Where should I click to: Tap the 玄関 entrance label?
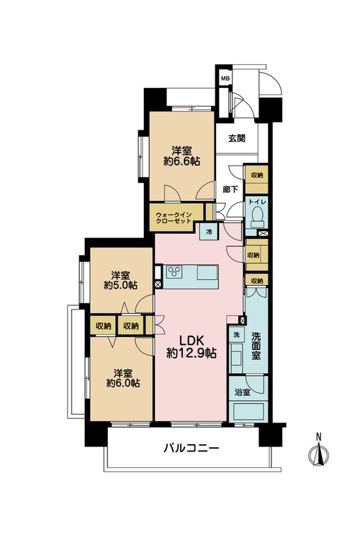pyautogui.click(x=237, y=138)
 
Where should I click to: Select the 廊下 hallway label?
pyautogui.click(x=230, y=189)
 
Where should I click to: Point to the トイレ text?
pyautogui.click(x=256, y=202)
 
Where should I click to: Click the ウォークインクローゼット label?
pyautogui.click(x=174, y=217)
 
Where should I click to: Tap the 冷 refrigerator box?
pyautogui.click(x=209, y=231)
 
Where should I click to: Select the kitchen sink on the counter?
pyautogui.click(x=208, y=272)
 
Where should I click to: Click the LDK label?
pyautogui.click(x=192, y=341)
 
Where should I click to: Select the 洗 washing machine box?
pyautogui.click(x=237, y=335)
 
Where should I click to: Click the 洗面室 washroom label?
pyautogui.click(x=256, y=346)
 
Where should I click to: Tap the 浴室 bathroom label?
pyautogui.click(x=243, y=392)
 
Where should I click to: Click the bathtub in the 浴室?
pyautogui.click(x=248, y=411)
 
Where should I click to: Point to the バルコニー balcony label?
pyautogui.click(x=192, y=448)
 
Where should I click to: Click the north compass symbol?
pyautogui.click(x=319, y=452)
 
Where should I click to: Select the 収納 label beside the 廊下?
pyautogui.click(x=256, y=175)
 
